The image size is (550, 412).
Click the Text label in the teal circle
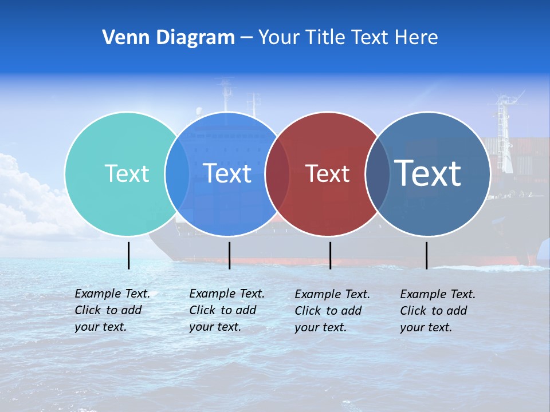[127, 173]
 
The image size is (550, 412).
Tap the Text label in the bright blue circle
[227, 173]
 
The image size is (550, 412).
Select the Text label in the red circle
[327, 173]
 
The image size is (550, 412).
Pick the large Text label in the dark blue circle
[428, 173]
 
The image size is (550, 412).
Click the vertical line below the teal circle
[128, 255]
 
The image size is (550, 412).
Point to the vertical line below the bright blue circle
[229, 255]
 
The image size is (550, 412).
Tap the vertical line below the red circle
[330, 255]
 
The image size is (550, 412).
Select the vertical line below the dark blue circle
[426, 255]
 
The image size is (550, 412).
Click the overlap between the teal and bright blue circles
[177, 174]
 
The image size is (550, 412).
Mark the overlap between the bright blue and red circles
[277, 174]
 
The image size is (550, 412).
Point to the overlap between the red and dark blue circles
[378, 174]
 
